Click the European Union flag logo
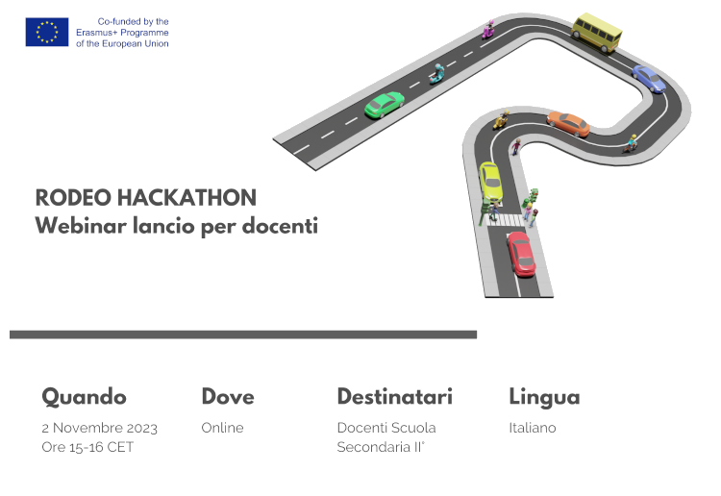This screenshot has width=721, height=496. pyautogui.click(x=47, y=32)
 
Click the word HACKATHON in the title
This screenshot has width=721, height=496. pyautogui.click(x=186, y=198)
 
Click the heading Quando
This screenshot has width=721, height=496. pyautogui.click(x=85, y=397)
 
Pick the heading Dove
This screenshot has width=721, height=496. pyautogui.click(x=228, y=397)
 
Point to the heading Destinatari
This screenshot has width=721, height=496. pyautogui.click(x=395, y=397)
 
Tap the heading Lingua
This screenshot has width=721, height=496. pyautogui.click(x=544, y=398)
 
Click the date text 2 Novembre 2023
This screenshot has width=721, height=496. pyautogui.click(x=99, y=428)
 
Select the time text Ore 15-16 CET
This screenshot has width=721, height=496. pyautogui.click(x=87, y=447)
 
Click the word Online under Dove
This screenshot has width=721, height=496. pyautogui.click(x=223, y=428)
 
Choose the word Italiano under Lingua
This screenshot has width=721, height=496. pyautogui.click(x=533, y=428)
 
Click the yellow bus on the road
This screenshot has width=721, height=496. pyautogui.click(x=597, y=32)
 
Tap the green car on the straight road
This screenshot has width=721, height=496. pyautogui.click(x=385, y=105)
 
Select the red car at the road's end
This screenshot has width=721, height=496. pyautogui.click(x=521, y=254)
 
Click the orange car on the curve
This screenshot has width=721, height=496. pyautogui.click(x=568, y=123)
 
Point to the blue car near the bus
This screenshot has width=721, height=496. pyautogui.click(x=649, y=79)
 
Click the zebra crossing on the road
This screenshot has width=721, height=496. pyautogui.click(x=506, y=220)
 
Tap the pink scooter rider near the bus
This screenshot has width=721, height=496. pyautogui.click(x=488, y=30)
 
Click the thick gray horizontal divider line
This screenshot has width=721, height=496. pyautogui.click(x=243, y=335)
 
